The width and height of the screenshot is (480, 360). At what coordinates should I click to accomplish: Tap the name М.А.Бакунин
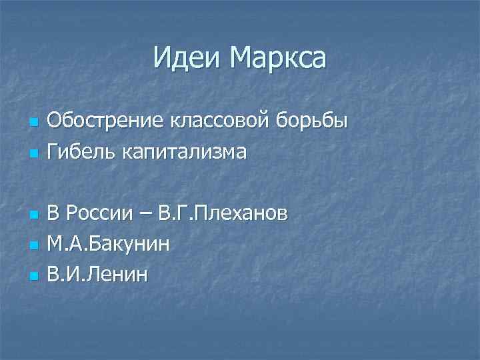(108, 244)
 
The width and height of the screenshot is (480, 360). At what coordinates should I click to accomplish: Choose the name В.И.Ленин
(98, 274)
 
